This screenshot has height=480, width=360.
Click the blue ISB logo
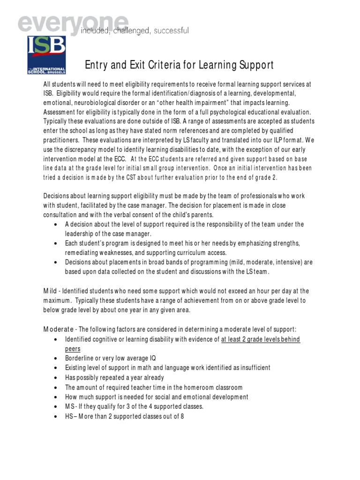(46, 54)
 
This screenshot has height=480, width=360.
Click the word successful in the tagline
(169, 31)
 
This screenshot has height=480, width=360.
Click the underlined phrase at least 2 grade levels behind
(261, 339)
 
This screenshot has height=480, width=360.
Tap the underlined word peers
(73, 349)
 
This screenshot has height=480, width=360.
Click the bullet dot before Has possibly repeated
(56, 378)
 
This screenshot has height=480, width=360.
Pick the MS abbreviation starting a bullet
(69, 406)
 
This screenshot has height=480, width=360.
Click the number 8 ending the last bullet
(182, 416)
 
